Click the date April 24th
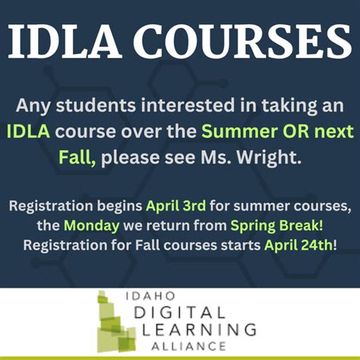[x=297, y=245]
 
